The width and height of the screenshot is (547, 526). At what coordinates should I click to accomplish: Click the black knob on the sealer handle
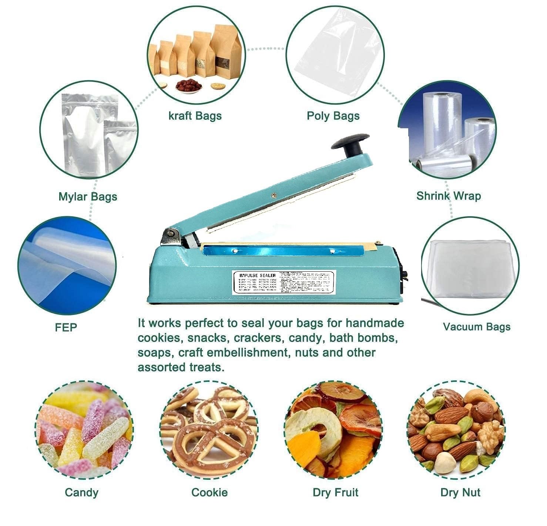(350, 145)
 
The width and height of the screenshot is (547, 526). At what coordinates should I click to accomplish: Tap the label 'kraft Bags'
(195, 116)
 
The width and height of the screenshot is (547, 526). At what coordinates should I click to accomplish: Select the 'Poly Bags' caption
(333, 116)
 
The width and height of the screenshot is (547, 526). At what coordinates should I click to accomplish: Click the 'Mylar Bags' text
(88, 196)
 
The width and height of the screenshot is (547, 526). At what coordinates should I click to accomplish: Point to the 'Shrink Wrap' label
(449, 196)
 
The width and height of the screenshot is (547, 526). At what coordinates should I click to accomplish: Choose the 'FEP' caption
(66, 327)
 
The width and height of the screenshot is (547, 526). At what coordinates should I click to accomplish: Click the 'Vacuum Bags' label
(476, 327)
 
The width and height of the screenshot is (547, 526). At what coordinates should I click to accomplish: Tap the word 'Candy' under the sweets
(81, 492)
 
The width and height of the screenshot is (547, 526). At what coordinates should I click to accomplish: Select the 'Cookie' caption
(209, 492)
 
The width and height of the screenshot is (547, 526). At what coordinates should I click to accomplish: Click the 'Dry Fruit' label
(335, 492)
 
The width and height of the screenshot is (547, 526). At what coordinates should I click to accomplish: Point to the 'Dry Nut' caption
(460, 492)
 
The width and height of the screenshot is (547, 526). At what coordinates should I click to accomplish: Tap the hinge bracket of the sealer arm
(171, 237)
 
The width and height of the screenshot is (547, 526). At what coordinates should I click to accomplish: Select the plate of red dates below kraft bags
(188, 86)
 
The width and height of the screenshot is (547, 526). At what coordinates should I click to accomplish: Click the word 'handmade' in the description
(375, 323)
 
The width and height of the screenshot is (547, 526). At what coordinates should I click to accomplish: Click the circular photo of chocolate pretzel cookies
(209, 431)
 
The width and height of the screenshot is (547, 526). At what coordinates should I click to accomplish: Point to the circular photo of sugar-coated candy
(84, 431)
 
